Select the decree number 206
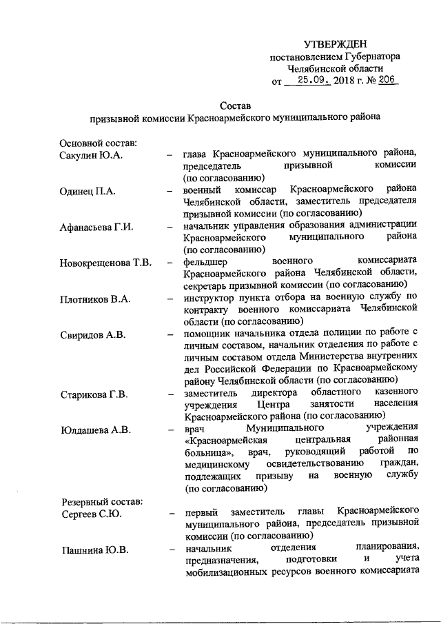pyautogui.click(x=388, y=80)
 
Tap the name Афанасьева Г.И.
pyautogui.click(x=96, y=226)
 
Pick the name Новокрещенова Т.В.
pyautogui.click(x=105, y=263)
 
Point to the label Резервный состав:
pyautogui.click(x=101, y=501)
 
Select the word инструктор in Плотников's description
pyautogui.click(x=212, y=299)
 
